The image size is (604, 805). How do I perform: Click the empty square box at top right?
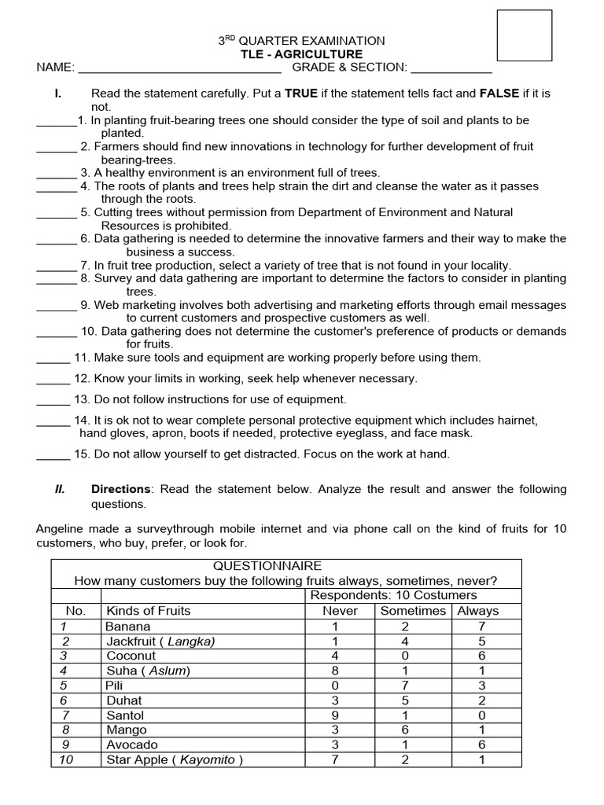525,36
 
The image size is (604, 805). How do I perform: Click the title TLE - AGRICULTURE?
302,54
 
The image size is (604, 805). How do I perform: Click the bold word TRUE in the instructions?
301,94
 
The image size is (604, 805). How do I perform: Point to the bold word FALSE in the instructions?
499,94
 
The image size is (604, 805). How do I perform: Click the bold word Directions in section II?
118,489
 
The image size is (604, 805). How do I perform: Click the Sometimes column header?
412,611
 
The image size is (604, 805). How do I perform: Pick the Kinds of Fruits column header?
148,611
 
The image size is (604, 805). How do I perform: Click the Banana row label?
125,627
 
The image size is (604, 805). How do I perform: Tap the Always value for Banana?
481,627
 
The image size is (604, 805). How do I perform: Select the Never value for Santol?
335,715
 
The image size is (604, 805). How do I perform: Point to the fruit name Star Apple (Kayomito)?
175,759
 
